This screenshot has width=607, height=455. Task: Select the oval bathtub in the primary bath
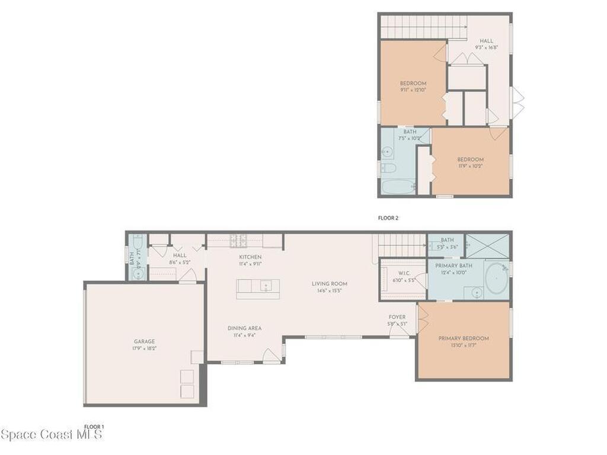[496, 280]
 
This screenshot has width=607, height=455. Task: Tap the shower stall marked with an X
[487, 245]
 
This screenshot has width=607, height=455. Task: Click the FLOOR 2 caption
[388, 218]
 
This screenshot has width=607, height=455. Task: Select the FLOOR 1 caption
[94, 427]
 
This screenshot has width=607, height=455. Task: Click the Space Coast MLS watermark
[52, 434]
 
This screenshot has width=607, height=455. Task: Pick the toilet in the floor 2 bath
[389, 169]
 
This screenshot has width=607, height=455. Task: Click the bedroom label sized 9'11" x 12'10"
[413, 86]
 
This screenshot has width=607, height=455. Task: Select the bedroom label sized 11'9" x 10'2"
[470, 162]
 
